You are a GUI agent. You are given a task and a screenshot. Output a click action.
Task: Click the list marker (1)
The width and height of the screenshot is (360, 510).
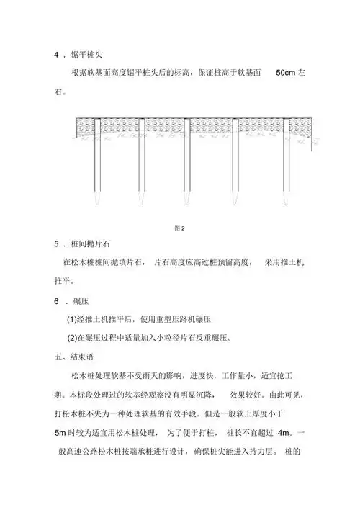pyautogui.click(x=72, y=318)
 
